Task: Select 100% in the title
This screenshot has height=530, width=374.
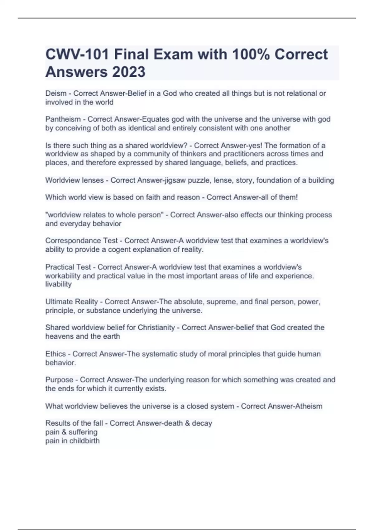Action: pos(251,55)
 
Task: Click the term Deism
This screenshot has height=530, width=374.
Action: pos(56,93)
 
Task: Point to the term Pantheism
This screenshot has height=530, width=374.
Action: pos(63,119)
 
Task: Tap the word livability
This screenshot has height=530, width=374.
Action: pos(58,284)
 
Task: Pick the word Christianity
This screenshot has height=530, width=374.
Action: pos(156,327)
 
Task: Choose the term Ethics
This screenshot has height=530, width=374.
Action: pos(55,354)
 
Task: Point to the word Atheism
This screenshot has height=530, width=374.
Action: pos(307,406)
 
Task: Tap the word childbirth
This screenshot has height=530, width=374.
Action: pos(84,441)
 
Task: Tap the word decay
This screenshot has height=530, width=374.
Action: pos(202,423)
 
